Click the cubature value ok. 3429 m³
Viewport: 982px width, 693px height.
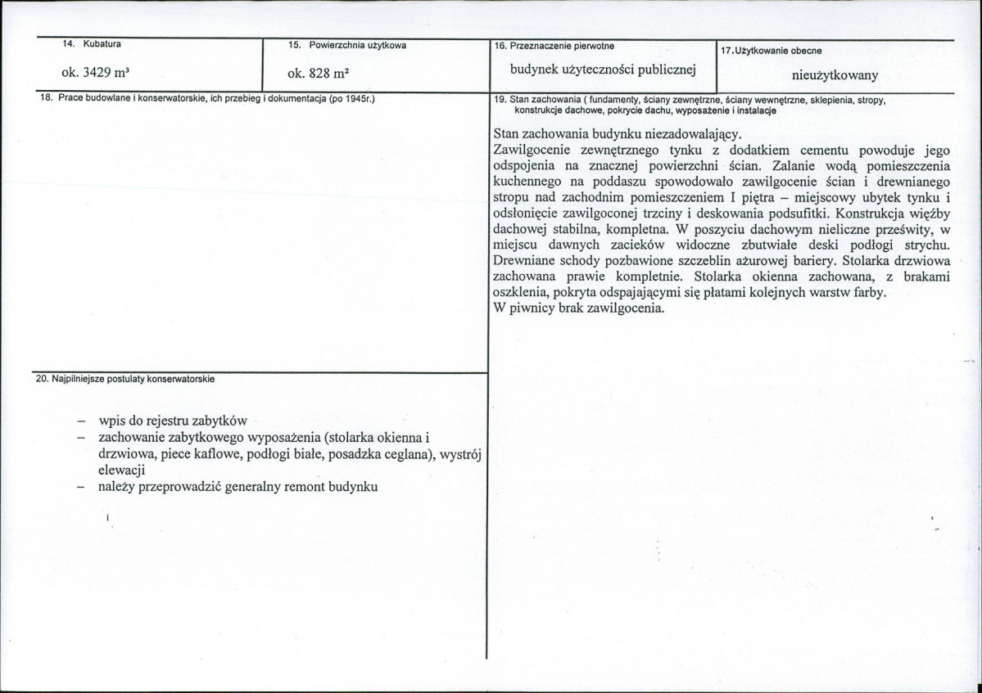point(90,72)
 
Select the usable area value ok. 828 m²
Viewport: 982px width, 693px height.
point(319,73)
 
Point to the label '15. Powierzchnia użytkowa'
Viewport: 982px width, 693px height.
point(347,44)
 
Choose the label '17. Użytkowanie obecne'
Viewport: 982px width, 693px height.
point(771,51)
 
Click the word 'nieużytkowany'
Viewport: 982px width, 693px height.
point(835,75)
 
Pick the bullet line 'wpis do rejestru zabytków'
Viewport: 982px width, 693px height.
point(173,421)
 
